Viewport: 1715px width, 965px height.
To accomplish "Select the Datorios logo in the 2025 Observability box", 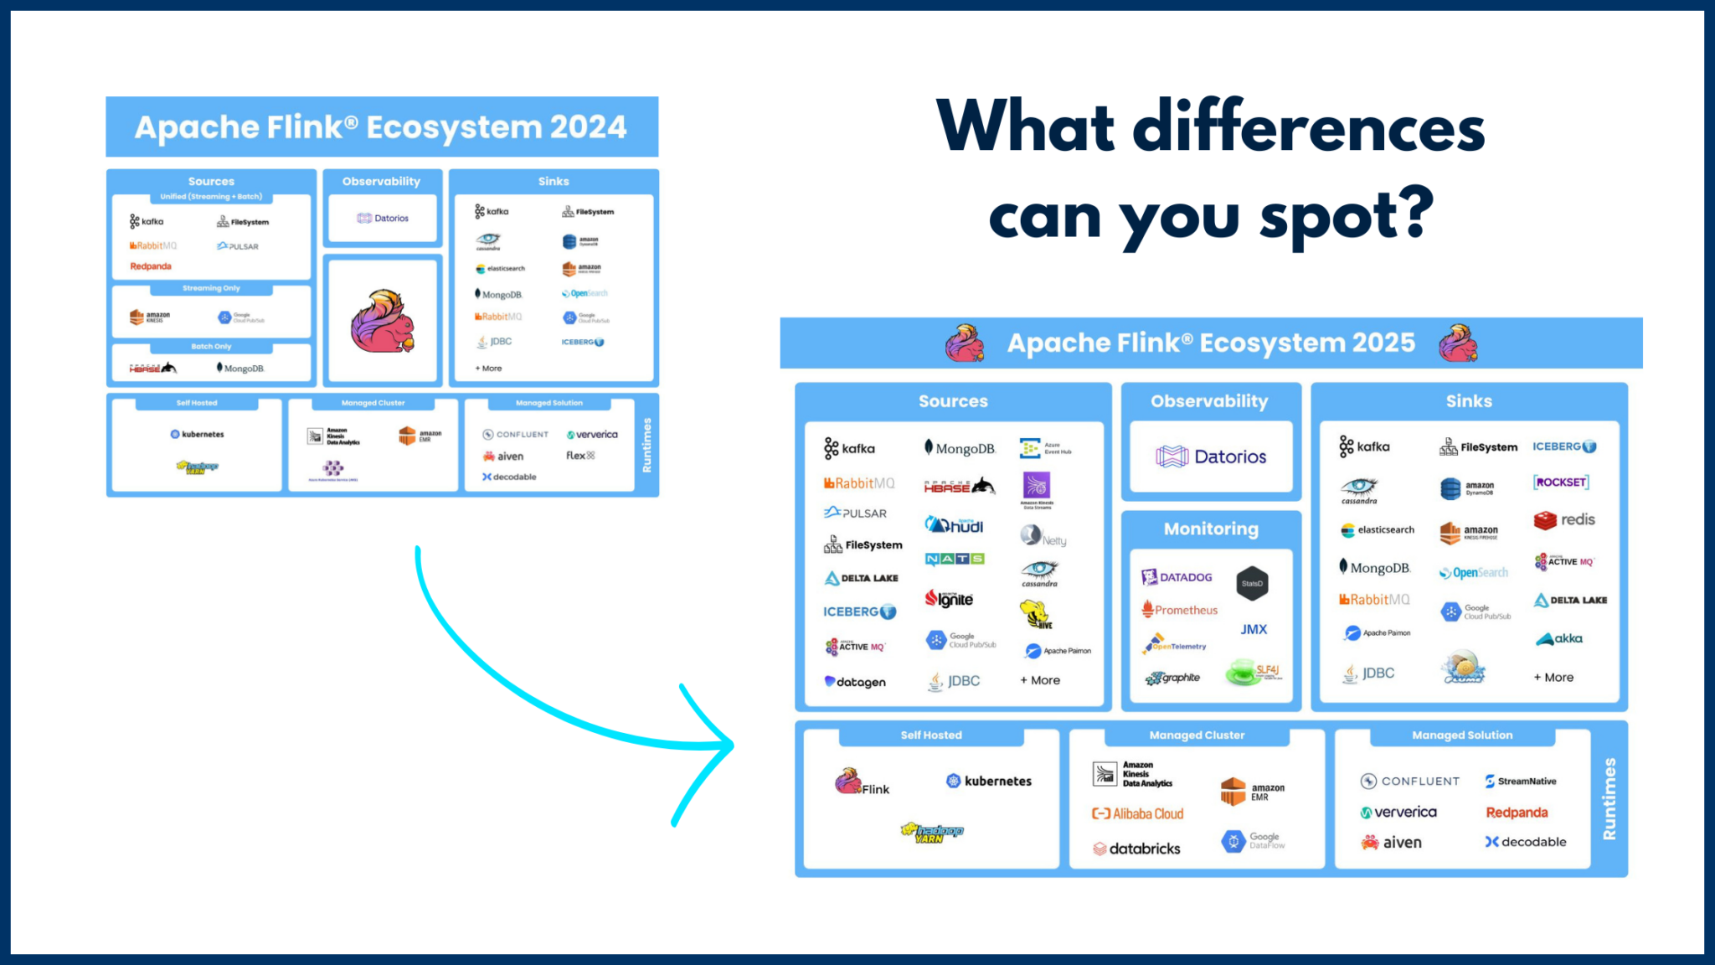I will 1211,457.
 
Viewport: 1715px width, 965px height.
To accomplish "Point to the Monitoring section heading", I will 1211,529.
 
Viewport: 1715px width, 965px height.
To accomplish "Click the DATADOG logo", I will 1177,577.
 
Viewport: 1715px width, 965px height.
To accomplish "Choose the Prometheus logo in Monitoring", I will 1179,610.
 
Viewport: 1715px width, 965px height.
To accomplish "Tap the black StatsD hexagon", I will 1252,583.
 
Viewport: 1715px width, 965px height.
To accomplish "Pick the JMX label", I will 1254,629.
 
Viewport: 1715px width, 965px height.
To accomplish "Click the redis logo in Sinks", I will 1564,520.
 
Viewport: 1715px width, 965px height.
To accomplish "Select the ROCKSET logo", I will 1561,482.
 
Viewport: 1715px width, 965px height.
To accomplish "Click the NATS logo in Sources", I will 955,559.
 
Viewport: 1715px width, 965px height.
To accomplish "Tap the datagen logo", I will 855,682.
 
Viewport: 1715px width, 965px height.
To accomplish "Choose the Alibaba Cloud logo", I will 1137,813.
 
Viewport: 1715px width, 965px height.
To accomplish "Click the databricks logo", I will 1136,849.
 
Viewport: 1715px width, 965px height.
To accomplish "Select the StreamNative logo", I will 1520,781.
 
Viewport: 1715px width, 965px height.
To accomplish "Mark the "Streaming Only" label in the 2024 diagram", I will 211,288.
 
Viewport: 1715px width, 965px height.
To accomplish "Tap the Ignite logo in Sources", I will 949,599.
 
